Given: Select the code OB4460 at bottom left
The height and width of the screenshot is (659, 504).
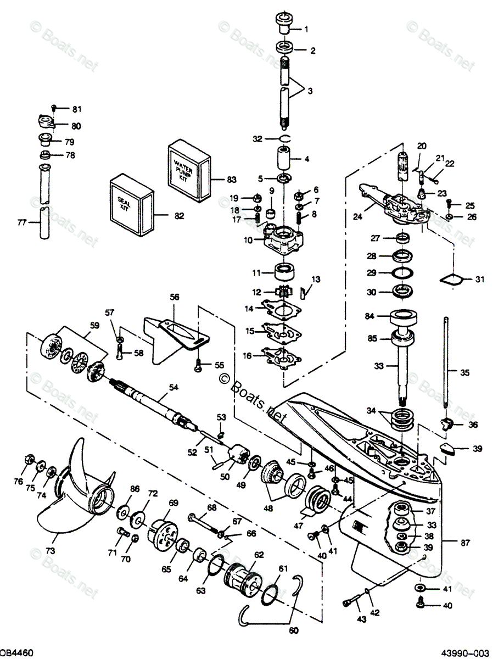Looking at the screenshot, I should (16, 652).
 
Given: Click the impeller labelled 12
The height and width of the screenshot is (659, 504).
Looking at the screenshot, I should (285, 292).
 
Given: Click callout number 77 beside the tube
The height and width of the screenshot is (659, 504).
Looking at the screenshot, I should (23, 222).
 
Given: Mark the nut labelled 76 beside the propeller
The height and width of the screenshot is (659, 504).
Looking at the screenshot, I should (29, 460).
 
